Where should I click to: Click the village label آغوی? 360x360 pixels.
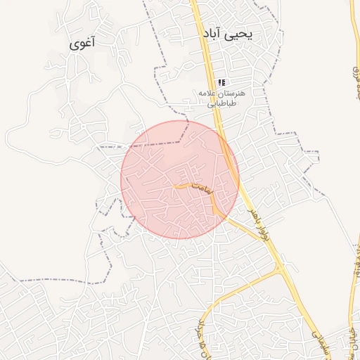point(82,43)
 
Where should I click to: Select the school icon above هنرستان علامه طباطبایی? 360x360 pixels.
point(221,82)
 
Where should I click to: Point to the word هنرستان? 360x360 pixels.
point(232,94)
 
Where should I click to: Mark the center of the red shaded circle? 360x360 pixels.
point(180,179)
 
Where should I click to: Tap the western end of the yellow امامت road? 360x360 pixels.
point(174,186)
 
